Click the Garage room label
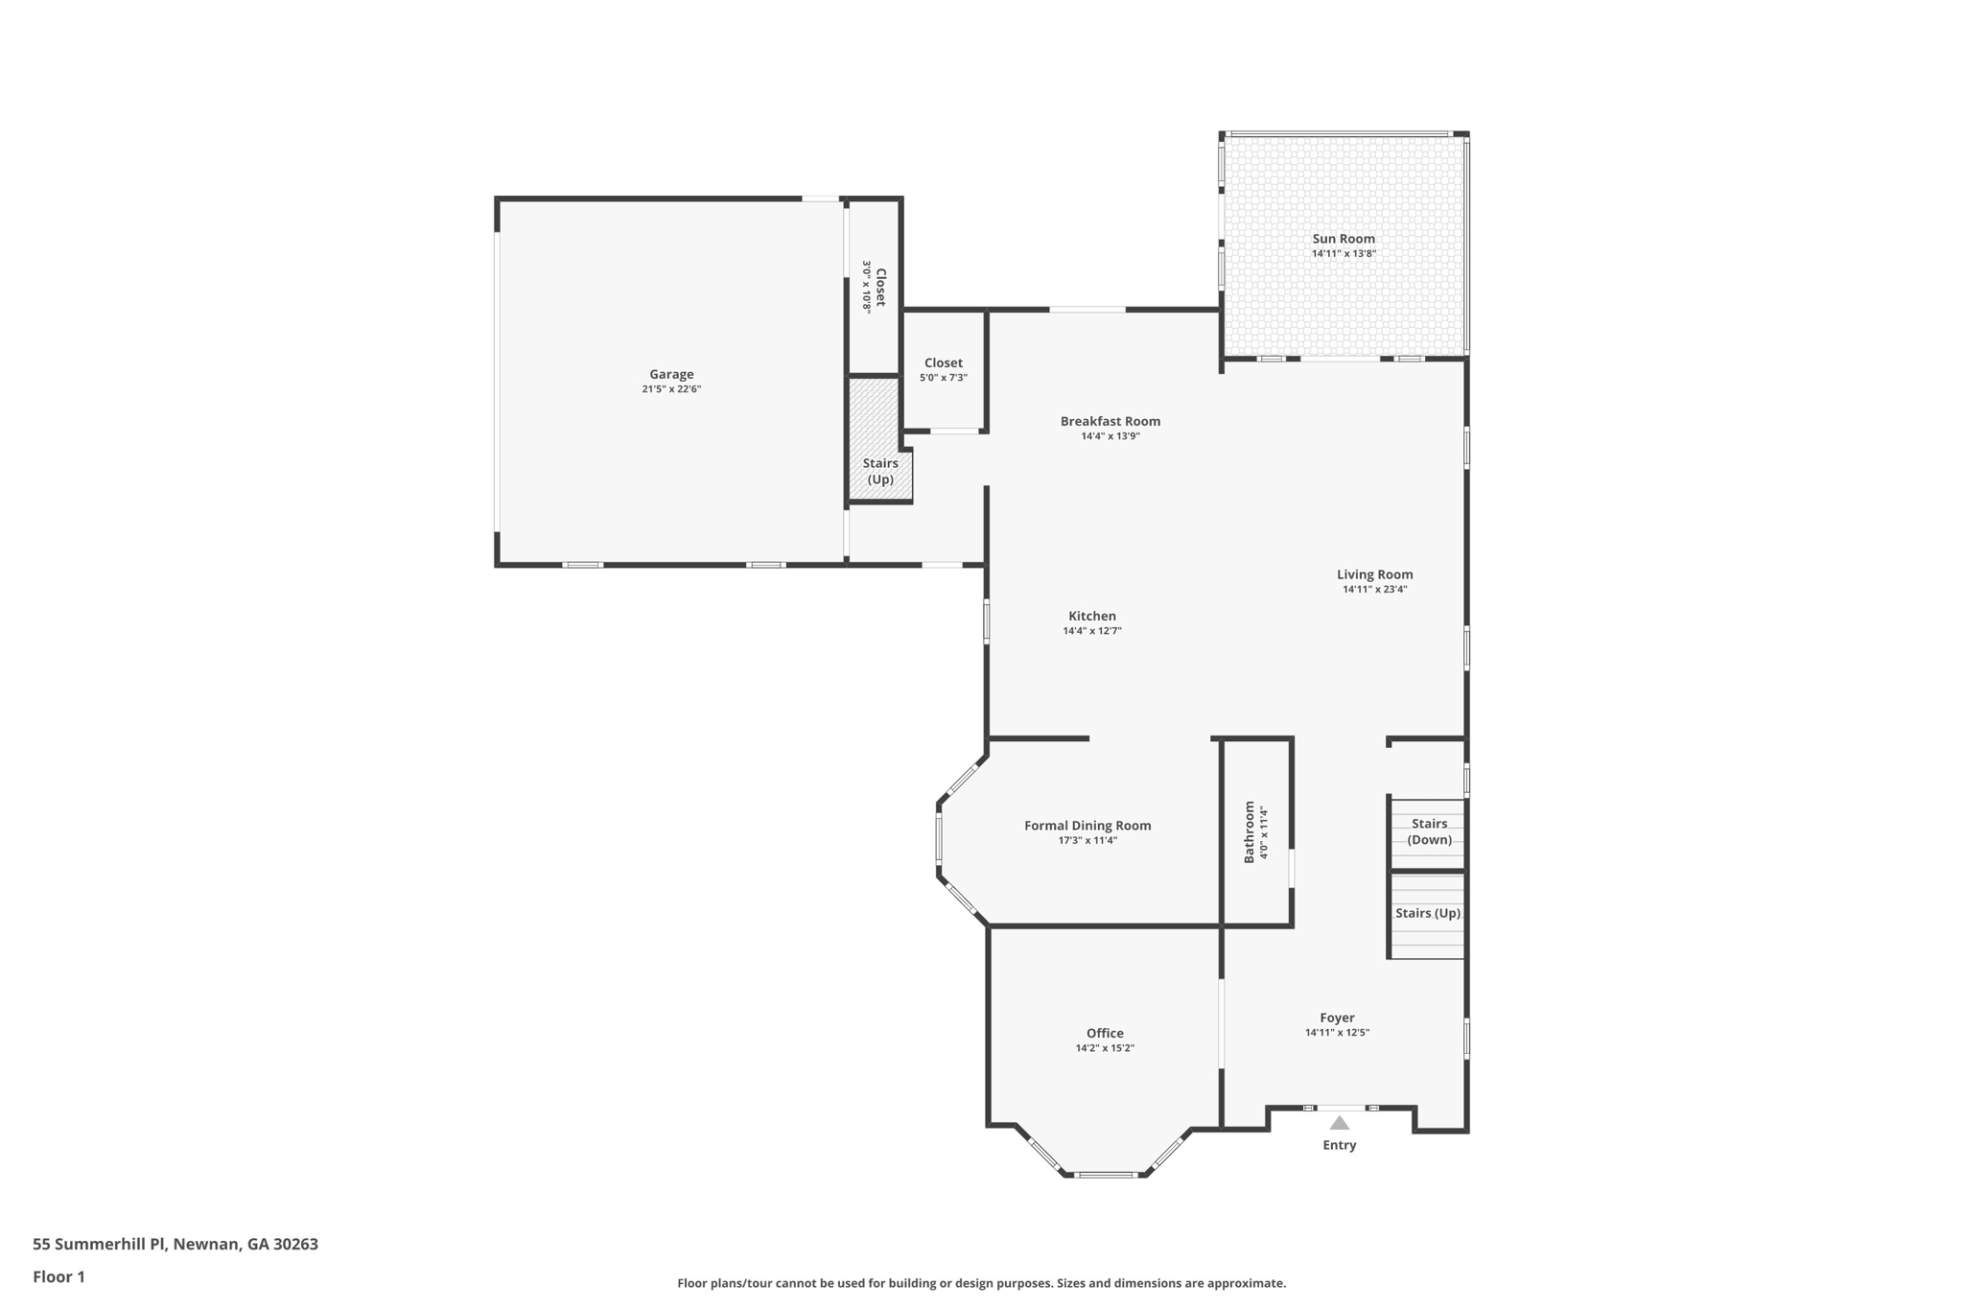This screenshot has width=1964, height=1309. pyautogui.click(x=671, y=375)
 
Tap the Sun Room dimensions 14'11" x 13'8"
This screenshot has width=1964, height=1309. pyautogui.click(x=1344, y=254)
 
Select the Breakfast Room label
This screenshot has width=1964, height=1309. pyautogui.click(x=1110, y=421)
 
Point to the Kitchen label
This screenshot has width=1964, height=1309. pyautogui.click(x=1092, y=617)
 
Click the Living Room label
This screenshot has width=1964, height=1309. pyautogui.click(x=1374, y=575)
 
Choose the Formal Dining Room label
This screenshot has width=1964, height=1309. pyautogui.click(x=1087, y=826)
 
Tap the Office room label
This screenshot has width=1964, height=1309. pyautogui.click(x=1105, y=1034)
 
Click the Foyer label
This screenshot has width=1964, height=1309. pyautogui.click(x=1337, y=1018)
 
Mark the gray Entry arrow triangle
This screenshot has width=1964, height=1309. pyautogui.click(x=1340, y=1123)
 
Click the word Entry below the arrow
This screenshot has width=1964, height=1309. pyautogui.click(x=1340, y=1145)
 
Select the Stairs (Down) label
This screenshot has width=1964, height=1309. pyautogui.click(x=1429, y=831)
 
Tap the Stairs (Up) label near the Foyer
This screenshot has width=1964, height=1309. pyautogui.click(x=1427, y=913)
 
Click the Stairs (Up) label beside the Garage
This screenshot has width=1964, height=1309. pyautogui.click(x=880, y=471)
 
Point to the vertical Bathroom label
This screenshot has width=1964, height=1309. pyautogui.click(x=1250, y=831)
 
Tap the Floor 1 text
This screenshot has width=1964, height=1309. pyautogui.click(x=58, y=1276)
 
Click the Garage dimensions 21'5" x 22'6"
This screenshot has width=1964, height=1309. pyautogui.click(x=671, y=389)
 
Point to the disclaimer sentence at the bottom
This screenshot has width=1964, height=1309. pyautogui.click(x=981, y=1283)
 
